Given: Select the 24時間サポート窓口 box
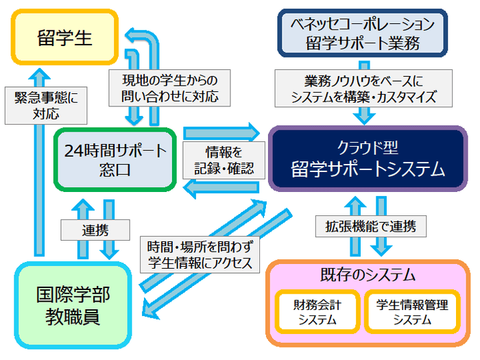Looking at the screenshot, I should (x=114, y=159).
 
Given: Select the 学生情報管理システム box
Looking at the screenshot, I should (x=412, y=313).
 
